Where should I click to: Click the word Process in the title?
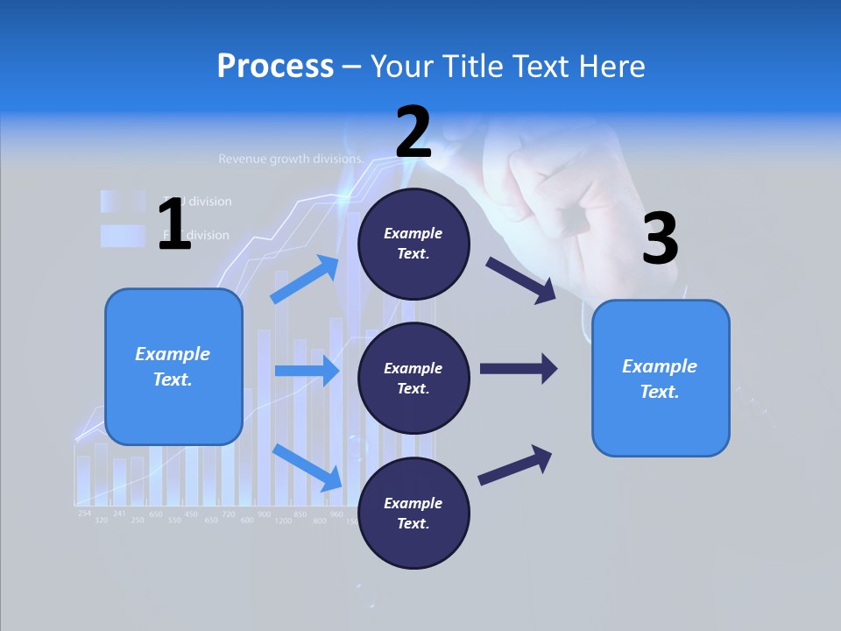[x=275, y=66]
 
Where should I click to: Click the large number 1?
[x=173, y=224]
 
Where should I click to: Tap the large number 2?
[x=413, y=132]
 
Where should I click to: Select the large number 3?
[x=660, y=239]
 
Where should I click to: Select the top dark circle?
[x=413, y=244]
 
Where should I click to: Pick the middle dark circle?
[x=413, y=378]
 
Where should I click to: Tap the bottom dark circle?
[x=413, y=513]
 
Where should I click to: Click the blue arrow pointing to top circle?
[x=305, y=280]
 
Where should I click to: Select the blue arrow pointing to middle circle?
[x=307, y=371]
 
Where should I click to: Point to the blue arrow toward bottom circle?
[x=307, y=467]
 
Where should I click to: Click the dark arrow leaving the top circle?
[x=521, y=280]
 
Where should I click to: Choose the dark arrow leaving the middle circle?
[x=518, y=369]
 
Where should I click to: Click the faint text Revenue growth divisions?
[x=291, y=160]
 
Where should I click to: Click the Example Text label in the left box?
[x=173, y=366]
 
